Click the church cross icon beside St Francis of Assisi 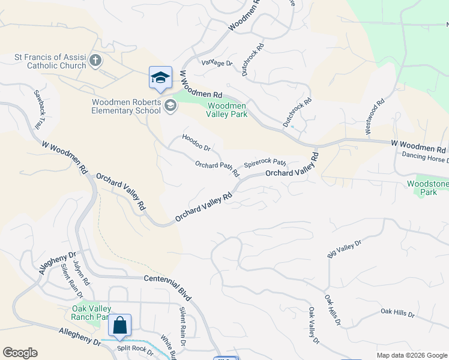tap(95, 61)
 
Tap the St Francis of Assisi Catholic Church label tap(50, 62)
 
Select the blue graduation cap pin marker tap(160, 78)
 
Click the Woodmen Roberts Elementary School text tap(126, 106)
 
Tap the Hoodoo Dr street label tap(196, 143)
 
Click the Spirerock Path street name tap(264, 163)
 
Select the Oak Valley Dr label tap(313, 326)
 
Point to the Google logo tap(20, 353)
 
